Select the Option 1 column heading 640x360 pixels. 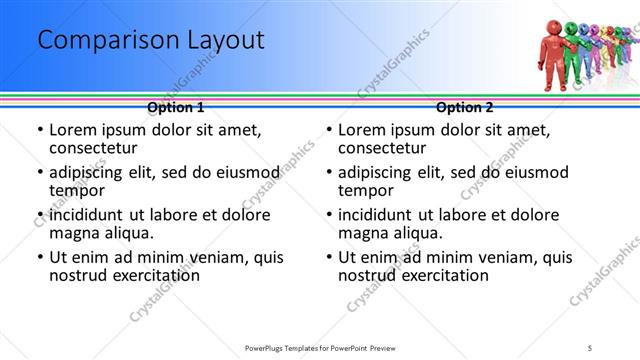coord(175,106)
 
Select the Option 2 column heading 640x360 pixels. coord(466,106)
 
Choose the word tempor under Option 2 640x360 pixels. coord(363,190)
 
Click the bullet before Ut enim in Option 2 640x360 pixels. coord(329,257)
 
